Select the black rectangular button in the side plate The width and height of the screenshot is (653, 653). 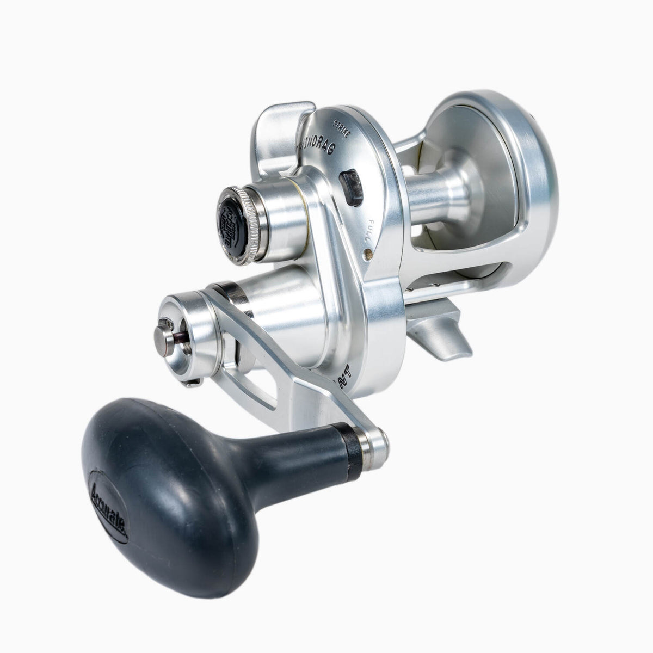351,188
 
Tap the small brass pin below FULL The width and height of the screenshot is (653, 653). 368,252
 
